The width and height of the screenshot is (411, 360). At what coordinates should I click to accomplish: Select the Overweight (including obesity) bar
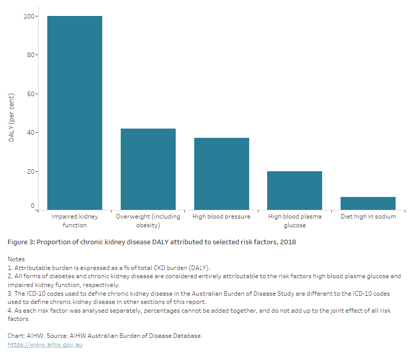click(148, 169)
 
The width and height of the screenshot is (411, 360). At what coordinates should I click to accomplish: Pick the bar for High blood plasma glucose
click(294, 190)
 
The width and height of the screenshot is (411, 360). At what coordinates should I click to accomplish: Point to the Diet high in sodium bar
click(368, 203)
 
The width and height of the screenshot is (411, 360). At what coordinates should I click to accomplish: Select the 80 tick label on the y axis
click(31, 55)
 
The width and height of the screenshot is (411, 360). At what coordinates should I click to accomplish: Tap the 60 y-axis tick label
click(31, 94)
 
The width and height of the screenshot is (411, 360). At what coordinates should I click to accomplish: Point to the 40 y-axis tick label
click(31, 133)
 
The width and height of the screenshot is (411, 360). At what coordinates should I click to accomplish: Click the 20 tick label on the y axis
click(31, 171)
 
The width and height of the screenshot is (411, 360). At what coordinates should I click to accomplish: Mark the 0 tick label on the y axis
click(32, 206)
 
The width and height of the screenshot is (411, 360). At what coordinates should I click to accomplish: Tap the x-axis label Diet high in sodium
click(368, 217)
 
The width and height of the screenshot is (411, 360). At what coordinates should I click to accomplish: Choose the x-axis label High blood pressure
click(221, 217)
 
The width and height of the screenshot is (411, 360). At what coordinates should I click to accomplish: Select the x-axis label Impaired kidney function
click(74, 221)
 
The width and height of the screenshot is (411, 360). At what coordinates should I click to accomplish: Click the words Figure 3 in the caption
click(22, 242)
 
